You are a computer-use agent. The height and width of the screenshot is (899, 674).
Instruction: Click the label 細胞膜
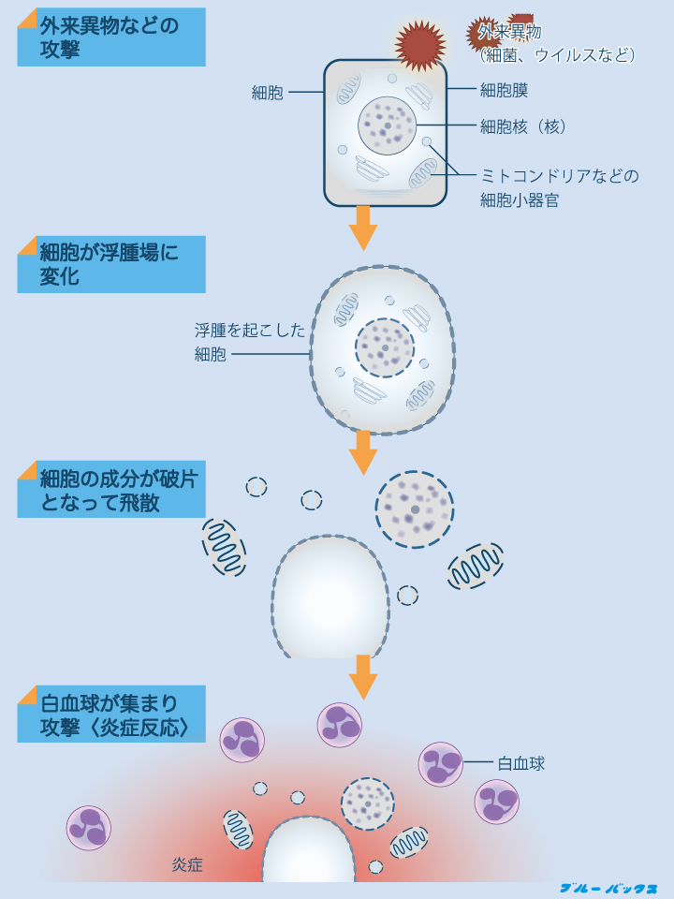(x=505, y=91)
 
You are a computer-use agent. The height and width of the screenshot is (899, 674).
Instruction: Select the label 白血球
(x=521, y=763)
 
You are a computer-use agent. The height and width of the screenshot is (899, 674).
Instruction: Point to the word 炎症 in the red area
(x=187, y=865)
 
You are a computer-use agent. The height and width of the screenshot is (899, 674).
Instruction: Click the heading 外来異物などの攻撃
(x=110, y=37)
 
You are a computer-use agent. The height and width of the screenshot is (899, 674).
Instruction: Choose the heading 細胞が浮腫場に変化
(x=110, y=264)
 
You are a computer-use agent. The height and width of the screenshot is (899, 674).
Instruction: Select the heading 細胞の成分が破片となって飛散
(x=110, y=490)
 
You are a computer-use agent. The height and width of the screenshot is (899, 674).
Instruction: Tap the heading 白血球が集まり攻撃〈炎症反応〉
(x=110, y=715)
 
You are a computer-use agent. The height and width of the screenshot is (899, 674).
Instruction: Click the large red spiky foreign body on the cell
(x=418, y=43)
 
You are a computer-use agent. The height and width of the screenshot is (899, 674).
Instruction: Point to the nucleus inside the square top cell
(x=387, y=125)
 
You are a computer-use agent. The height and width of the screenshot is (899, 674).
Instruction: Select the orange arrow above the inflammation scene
(x=362, y=676)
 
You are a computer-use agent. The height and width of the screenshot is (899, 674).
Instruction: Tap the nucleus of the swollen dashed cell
(x=384, y=347)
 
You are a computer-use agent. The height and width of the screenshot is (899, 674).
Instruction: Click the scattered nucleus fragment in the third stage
(x=415, y=509)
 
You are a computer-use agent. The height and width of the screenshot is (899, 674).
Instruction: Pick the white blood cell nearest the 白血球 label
(x=441, y=764)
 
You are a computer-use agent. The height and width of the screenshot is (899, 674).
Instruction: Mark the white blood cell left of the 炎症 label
(x=89, y=828)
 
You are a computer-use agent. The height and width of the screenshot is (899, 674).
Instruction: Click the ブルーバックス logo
(x=608, y=888)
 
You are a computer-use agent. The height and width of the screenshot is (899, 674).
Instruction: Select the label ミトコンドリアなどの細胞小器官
(x=559, y=187)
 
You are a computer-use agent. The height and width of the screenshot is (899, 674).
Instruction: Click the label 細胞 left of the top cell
(x=268, y=93)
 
